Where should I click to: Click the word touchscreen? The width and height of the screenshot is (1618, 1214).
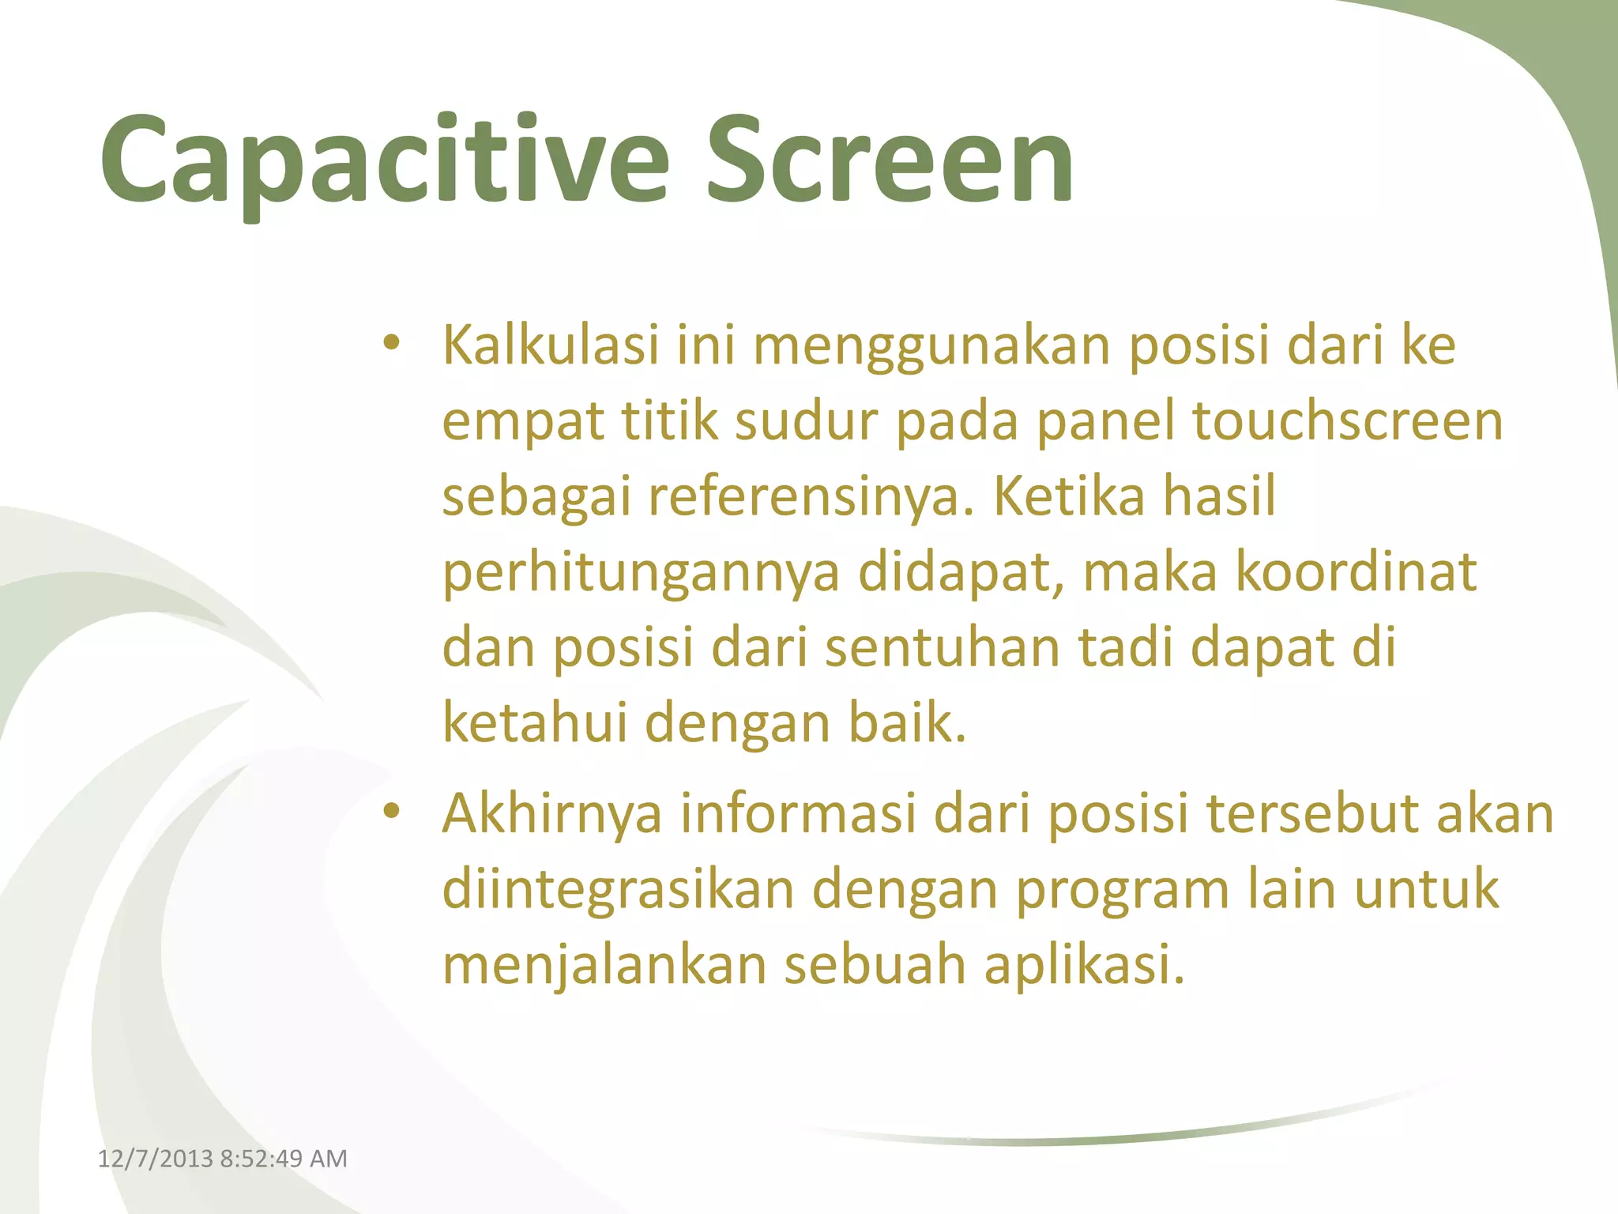pos(1347,420)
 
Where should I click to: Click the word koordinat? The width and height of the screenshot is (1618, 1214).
pos(1356,571)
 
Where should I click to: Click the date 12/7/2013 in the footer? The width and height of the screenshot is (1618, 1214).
pos(155,1159)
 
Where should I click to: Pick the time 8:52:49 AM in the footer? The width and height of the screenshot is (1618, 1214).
pos(283,1159)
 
